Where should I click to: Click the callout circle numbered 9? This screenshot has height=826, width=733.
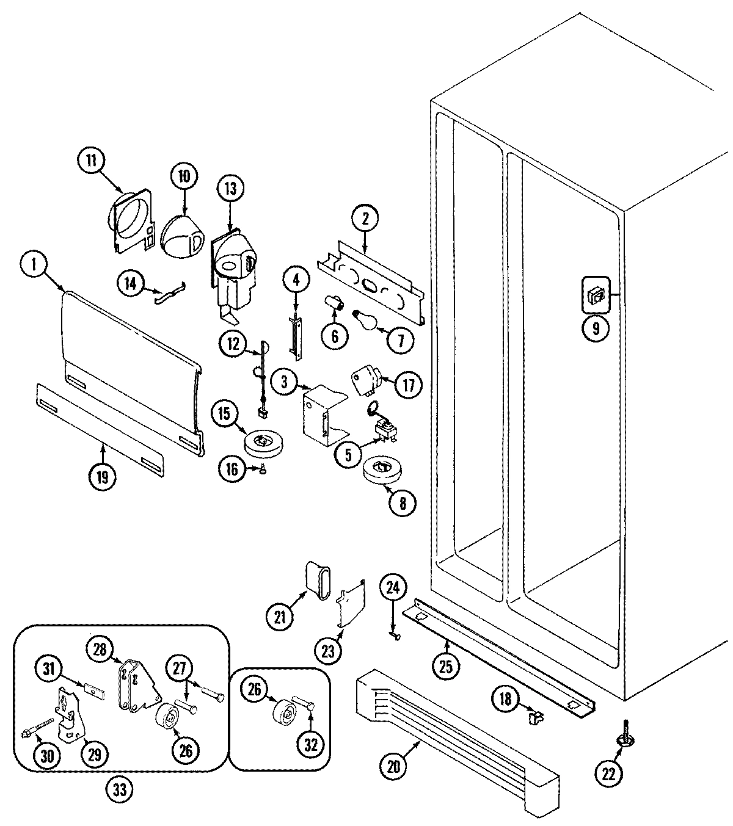[x=595, y=328]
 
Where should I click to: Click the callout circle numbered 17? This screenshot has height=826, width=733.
[x=408, y=385]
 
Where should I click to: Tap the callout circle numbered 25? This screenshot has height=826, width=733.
[x=445, y=665]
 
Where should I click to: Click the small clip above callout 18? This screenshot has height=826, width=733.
[x=535, y=718]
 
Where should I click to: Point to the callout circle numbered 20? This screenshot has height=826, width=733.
[x=394, y=766]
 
